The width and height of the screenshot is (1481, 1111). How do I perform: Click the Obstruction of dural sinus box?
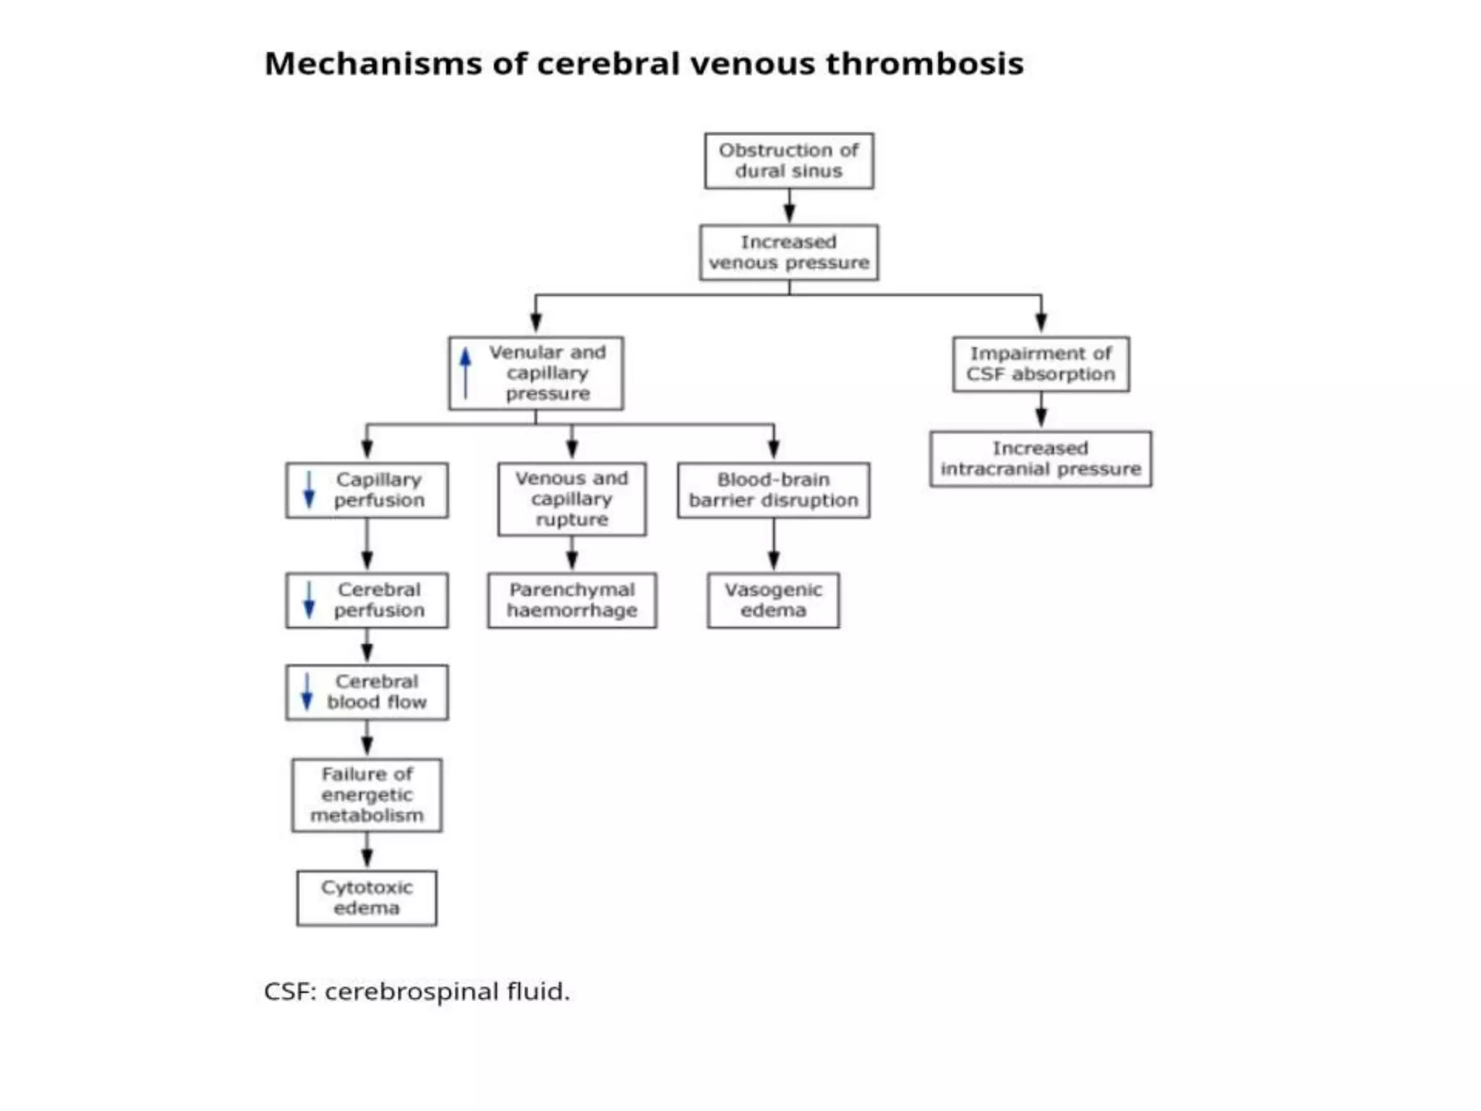click(x=789, y=161)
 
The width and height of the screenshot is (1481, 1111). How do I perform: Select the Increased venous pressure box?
click(x=789, y=252)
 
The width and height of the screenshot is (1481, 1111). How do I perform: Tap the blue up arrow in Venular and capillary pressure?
click(x=466, y=373)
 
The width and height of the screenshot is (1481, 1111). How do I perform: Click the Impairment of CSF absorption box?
click(x=1041, y=364)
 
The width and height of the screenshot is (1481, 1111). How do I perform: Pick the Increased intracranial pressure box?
click(x=1041, y=459)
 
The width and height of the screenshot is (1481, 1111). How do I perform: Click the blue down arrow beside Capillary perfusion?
click(x=310, y=490)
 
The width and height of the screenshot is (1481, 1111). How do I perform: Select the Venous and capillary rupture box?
click(x=571, y=498)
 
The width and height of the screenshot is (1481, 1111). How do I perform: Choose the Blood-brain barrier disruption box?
click(x=773, y=490)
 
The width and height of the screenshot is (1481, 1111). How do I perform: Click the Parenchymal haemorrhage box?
click(x=571, y=600)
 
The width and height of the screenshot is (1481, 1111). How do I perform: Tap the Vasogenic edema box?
click(x=773, y=600)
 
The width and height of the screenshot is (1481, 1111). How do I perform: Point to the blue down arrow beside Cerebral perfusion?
click(x=310, y=600)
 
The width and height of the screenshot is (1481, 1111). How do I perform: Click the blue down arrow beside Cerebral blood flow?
click(x=307, y=692)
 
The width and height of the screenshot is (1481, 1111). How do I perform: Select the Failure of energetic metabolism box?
click(x=367, y=795)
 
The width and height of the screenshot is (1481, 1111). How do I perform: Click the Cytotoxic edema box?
click(x=367, y=898)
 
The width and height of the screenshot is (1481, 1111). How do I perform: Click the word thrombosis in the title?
click(x=925, y=64)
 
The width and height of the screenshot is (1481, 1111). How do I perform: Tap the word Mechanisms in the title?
click(x=373, y=64)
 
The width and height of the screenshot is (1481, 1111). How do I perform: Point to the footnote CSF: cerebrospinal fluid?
click(x=417, y=991)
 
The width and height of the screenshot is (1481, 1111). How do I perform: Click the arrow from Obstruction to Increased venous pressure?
click(x=789, y=207)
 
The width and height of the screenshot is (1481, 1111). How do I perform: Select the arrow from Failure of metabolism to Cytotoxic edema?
click(x=367, y=851)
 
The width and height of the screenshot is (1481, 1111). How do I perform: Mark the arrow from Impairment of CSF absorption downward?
click(x=1041, y=412)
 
